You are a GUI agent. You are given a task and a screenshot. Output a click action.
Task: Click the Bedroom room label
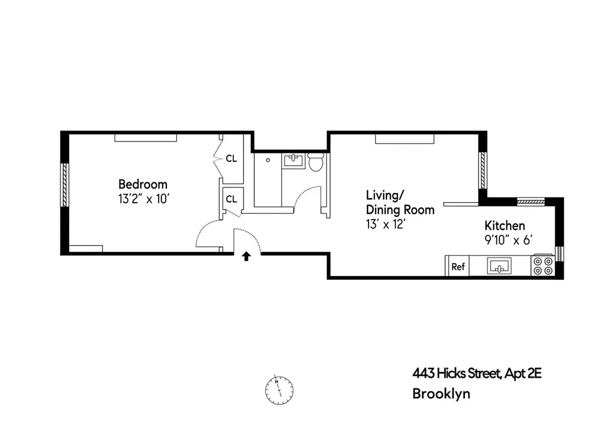(143, 184)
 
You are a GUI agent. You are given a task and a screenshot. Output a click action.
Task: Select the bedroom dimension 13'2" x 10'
(144, 199)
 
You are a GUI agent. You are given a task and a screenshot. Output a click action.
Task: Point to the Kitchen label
(504, 225)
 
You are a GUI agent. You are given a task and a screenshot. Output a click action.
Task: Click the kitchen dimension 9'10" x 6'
(507, 240)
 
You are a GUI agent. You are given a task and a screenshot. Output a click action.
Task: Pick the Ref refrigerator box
(458, 267)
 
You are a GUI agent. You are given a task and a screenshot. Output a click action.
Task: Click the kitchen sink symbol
(499, 266)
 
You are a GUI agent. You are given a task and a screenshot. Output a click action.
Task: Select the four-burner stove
(542, 266)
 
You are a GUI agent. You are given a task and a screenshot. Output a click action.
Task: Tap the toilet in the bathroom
(315, 161)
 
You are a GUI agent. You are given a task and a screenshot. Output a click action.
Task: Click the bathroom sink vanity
(293, 160)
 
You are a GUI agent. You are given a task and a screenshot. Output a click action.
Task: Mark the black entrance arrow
(246, 256)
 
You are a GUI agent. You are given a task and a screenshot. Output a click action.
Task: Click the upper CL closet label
(231, 159)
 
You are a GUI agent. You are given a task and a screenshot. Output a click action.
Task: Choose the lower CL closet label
(231, 199)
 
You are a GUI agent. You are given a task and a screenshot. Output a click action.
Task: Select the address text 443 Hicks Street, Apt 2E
(476, 373)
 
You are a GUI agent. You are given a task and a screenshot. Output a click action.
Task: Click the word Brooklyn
(441, 394)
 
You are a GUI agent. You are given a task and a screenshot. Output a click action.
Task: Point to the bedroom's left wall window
(65, 184)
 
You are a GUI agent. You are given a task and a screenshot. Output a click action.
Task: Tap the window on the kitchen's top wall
(531, 202)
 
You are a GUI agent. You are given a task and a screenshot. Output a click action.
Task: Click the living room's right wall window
(482, 167)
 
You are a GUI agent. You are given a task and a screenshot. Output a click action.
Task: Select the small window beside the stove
(560, 253)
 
